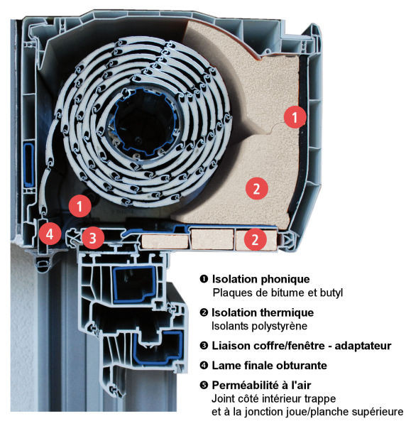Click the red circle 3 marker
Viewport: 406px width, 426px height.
(x=93, y=238)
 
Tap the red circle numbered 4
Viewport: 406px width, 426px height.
(x=50, y=234)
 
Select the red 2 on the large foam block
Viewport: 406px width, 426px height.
(x=257, y=188)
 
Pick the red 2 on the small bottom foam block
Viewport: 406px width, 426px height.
(x=255, y=239)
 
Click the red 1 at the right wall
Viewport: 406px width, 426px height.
(x=295, y=117)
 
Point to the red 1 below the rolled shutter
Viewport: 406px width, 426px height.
(x=79, y=206)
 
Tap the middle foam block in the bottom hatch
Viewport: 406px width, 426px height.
(x=212, y=239)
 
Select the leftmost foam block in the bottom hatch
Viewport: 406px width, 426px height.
(x=165, y=242)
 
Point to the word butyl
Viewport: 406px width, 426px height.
(x=331, y=293)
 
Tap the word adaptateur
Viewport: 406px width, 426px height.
(x=363, y=346)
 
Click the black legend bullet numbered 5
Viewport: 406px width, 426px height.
(x=204, y=386)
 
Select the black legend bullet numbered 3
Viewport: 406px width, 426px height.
(x=204, y=346)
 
